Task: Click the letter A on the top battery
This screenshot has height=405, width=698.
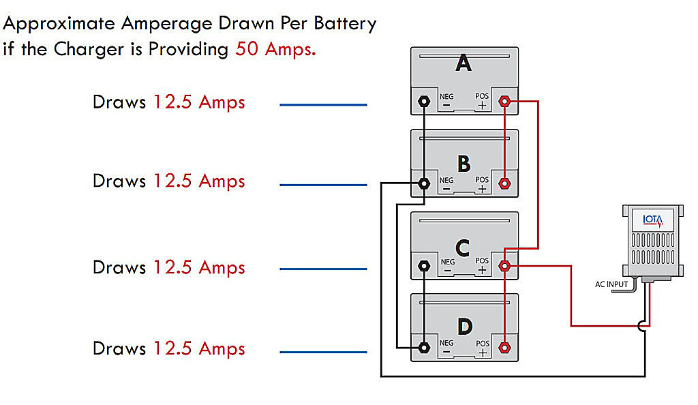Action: point(464,63)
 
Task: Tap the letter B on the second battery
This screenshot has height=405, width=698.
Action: point(464,164)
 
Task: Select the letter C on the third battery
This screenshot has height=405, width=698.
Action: point(463,248)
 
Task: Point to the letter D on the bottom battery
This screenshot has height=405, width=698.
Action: point(465,327)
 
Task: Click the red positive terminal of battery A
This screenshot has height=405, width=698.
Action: point(504,102)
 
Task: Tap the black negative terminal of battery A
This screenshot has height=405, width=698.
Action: point(424,102)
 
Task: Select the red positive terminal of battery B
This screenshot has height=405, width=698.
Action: point(504,183)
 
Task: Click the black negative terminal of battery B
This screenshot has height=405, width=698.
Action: point(424,183)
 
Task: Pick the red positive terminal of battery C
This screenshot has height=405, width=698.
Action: point(504,266)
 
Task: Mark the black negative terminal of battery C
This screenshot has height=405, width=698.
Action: point(424,266)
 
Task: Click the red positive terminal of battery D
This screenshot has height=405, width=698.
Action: point(504,348)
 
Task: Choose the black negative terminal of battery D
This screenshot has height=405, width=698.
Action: point(424,348)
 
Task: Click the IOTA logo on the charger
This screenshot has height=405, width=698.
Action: point(653,220)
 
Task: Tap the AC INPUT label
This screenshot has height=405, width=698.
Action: point(611,284)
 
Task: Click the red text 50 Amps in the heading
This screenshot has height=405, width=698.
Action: point(275,49)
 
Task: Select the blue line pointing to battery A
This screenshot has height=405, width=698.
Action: point(323,104)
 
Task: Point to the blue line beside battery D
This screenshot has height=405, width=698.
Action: point(323,352)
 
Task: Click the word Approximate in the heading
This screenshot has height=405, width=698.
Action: point(59,24)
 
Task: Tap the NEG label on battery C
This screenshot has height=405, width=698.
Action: point(448,262)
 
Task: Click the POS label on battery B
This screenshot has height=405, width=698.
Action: point(482,180)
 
